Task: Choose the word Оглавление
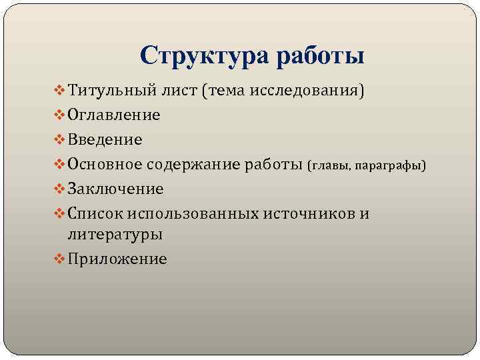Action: (113, 115)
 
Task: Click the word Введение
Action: (105, 139)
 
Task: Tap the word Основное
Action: (108, 164)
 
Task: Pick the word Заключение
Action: (115, 189)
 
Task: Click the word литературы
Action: (115, 235)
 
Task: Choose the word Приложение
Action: (117, 259)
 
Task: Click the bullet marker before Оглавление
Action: (58, 115)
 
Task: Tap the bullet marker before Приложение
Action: (58, 259)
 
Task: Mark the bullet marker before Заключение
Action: (58, 189)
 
